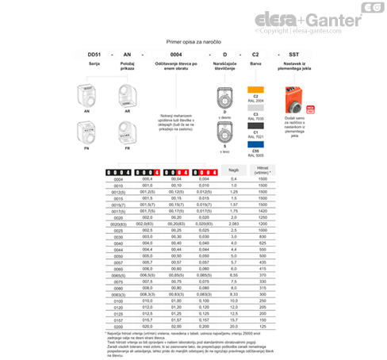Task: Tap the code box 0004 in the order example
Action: tap(176, 53)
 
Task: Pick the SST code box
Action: tap(295, 53)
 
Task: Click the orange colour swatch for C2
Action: tap(256, 88)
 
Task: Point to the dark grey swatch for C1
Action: tap(256, 125)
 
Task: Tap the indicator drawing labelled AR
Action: tap(128, 96)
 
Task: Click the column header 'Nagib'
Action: tap(233, 171)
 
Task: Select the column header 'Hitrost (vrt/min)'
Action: tap(262, 171)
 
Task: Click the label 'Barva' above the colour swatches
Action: tap(256, 69)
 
